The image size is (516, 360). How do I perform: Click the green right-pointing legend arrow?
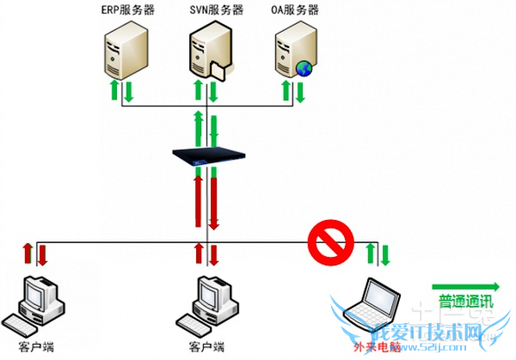coord(465,285)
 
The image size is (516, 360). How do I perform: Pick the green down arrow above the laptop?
coord(385,254)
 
